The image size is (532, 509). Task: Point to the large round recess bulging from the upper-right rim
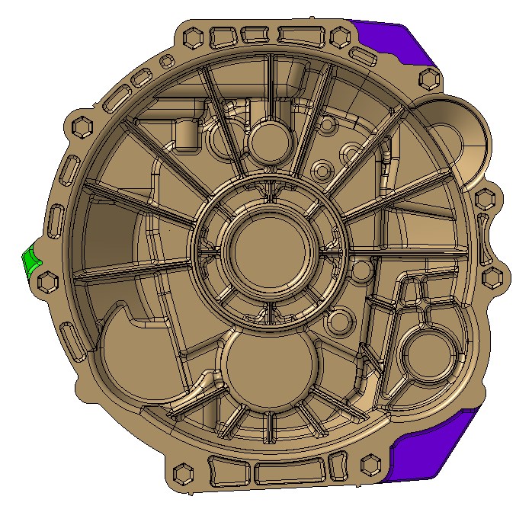pyautogui.click(x=453, y=137)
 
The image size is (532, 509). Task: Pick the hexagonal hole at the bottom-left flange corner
pyautogui.click(x=184, y=475)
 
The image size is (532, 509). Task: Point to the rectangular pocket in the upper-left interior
pyautogui.click(x=187, y=136)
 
